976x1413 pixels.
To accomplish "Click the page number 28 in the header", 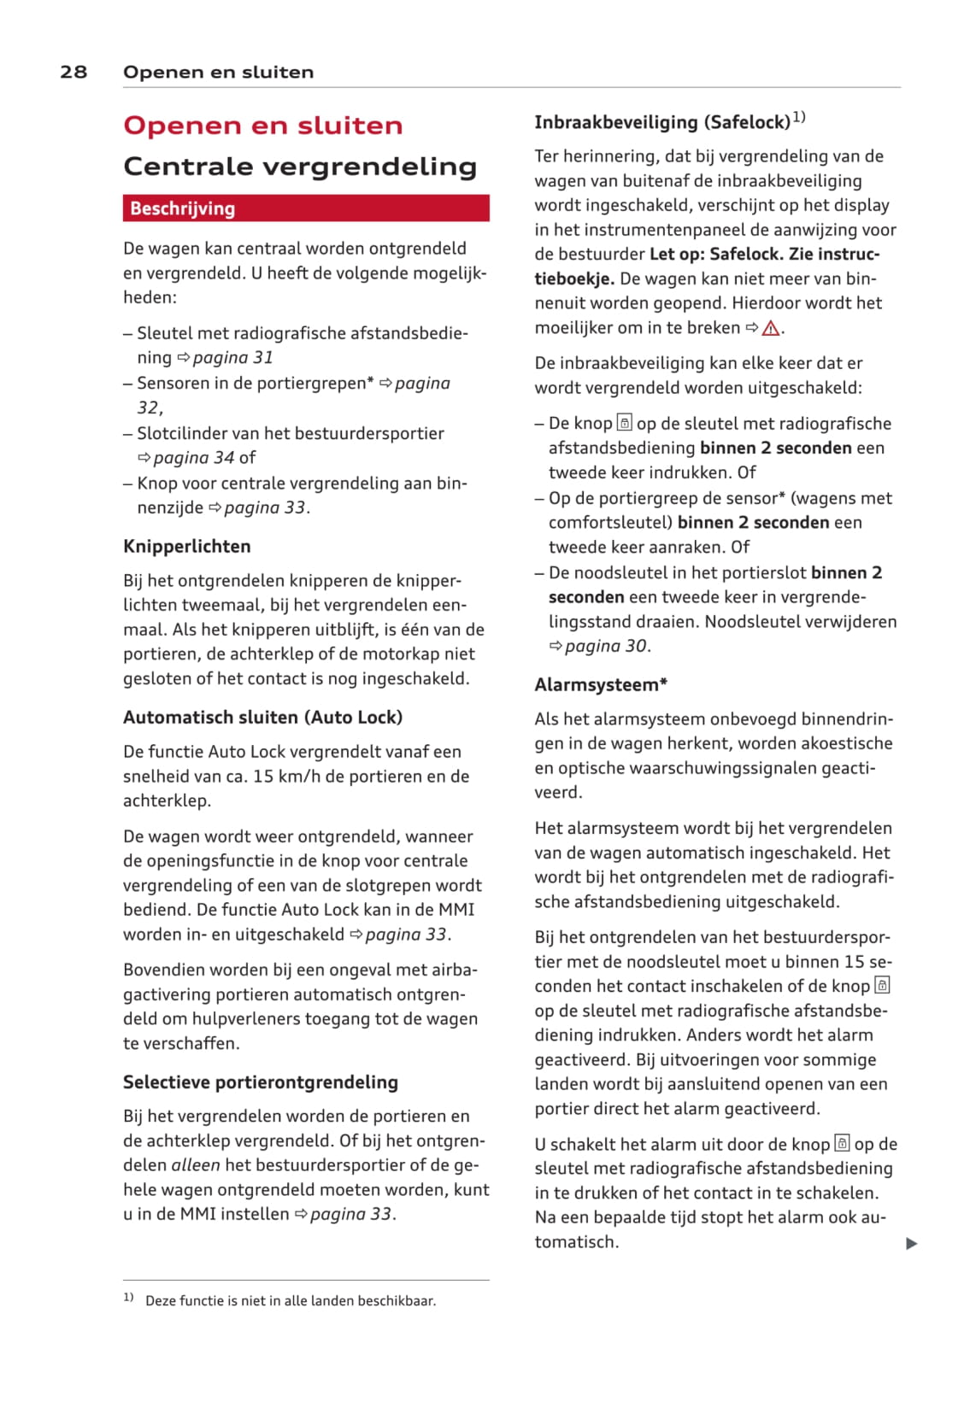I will tap(73, 72).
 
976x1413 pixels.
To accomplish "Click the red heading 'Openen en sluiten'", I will tap(262, 126).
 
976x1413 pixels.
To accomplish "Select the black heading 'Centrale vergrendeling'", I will tap(300, 166).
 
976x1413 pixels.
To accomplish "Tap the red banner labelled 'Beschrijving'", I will tap(305, 208).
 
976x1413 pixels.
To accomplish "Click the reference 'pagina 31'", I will tap(232, 358).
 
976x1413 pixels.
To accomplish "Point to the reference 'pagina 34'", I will tap(194, 458).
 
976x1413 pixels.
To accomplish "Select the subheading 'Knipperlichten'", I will tap(187, 547).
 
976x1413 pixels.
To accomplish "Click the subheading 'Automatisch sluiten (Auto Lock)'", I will tap(262, 718).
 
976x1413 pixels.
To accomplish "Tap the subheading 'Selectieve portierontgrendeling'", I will tap(261, 1082).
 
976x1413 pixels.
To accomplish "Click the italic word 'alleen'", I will tap(196, 1165).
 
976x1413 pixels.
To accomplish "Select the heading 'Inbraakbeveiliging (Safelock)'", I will tap(662, 122).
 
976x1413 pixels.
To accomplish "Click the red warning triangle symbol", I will tap(771, 328).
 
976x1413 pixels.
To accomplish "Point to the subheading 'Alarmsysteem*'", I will tap(601, 685).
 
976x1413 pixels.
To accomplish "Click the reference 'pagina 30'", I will tap(605, 647).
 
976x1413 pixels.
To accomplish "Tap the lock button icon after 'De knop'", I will tap(625, 424).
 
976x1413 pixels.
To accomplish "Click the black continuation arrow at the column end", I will tap(912, 1244).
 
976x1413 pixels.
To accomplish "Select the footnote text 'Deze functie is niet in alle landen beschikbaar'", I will tap(291, 1301).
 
